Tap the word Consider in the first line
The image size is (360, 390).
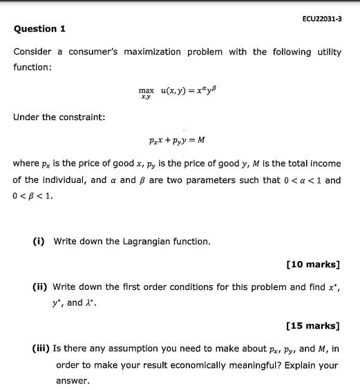click(32, 52)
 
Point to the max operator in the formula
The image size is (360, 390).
click(146, 90)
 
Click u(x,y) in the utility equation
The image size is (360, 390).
click(171, 90)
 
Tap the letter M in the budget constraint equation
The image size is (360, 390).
click(201, 140)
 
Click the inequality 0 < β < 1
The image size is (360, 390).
click(32, 195)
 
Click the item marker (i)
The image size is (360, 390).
click(39, 242)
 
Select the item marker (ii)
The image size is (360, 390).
click(40, 287)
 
